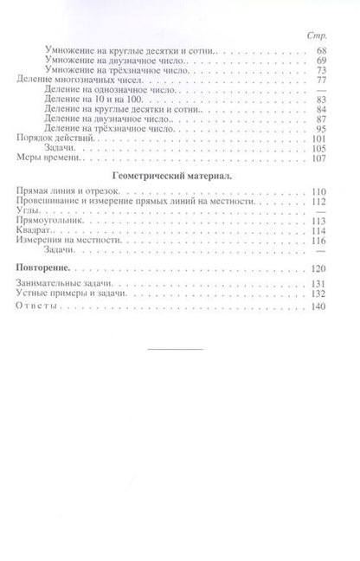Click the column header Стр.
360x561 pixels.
(313, 36)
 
